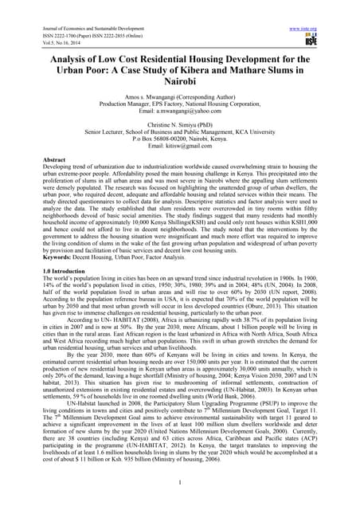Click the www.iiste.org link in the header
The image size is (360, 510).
pos(303,29)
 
